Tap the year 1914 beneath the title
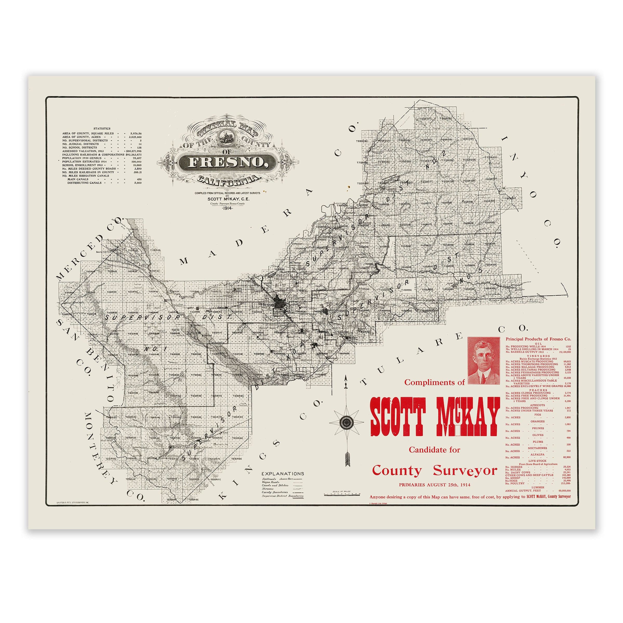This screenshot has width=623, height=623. point(228,208)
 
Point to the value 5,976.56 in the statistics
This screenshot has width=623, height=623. point(136,133)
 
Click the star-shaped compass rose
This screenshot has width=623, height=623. point(346,422)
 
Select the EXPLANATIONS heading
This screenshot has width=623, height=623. point(282,474)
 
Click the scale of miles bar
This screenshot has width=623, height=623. point(342,494)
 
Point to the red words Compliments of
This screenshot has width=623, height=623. point(434,382)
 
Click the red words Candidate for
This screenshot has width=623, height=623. point(434,450)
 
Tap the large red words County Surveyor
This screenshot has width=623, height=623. point(434,470)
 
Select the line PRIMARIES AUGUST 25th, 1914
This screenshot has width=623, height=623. point(434,485)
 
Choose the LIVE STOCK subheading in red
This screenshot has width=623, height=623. point(538,461)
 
